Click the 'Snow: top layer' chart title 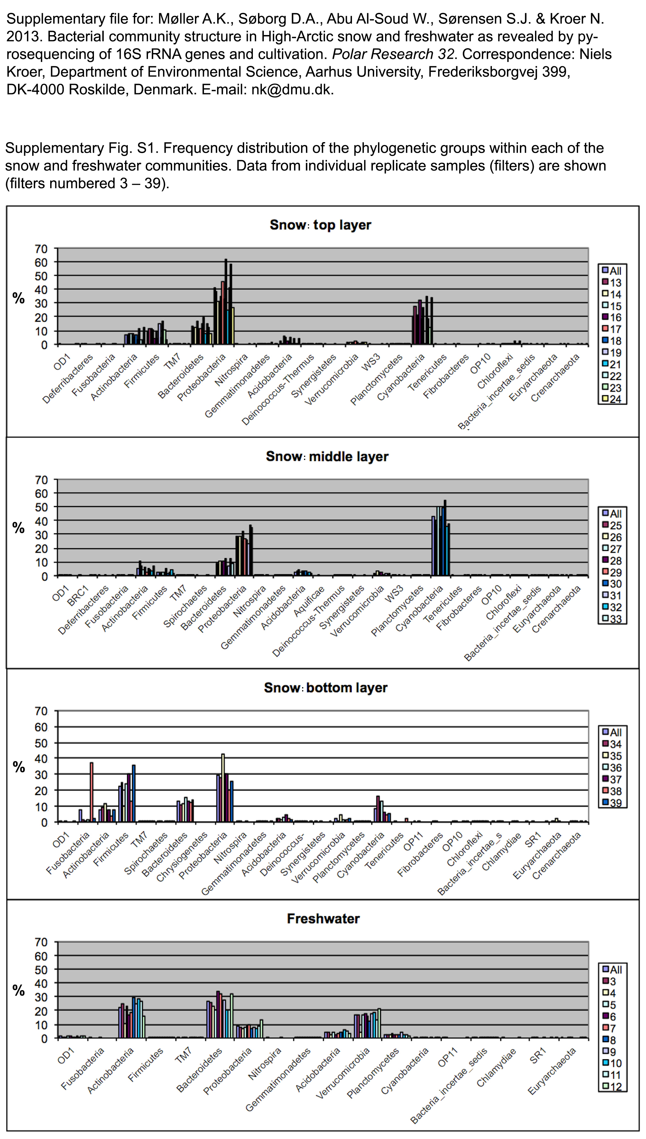(320, 225)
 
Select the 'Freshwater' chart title (323, 919)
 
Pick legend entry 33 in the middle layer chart (612, 619)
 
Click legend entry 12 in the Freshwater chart (612, 1087)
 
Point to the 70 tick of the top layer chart (41, 249)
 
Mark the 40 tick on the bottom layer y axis (41, 759)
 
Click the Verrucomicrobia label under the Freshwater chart (343, 1073)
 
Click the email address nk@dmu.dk (291, 90)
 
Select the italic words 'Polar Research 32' (393, 54)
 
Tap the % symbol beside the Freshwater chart (19, 990)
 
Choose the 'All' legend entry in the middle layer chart (612, 513)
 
